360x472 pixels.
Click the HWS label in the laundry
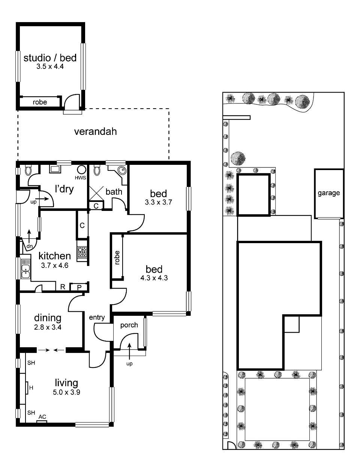(80, 178)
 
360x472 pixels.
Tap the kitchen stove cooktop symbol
(82, 252)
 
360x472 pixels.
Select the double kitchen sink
(25, 269)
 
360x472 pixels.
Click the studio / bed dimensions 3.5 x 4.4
(50, 66)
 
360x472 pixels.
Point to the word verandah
(96, 131)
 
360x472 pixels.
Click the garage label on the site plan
(328, 193)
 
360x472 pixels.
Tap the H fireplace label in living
(31, 388)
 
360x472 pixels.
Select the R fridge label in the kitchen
(63, 287)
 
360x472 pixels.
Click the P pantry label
(79, 287)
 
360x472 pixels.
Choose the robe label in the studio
(40, 102)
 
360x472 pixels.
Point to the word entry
(97, 317)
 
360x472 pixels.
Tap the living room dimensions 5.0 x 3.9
(66, 392)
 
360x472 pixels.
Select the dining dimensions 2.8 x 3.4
(48, 327)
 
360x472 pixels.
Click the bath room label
(114, 191)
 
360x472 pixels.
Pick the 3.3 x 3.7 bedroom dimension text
(158, 202)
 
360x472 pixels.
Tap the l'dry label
(64, 189)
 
